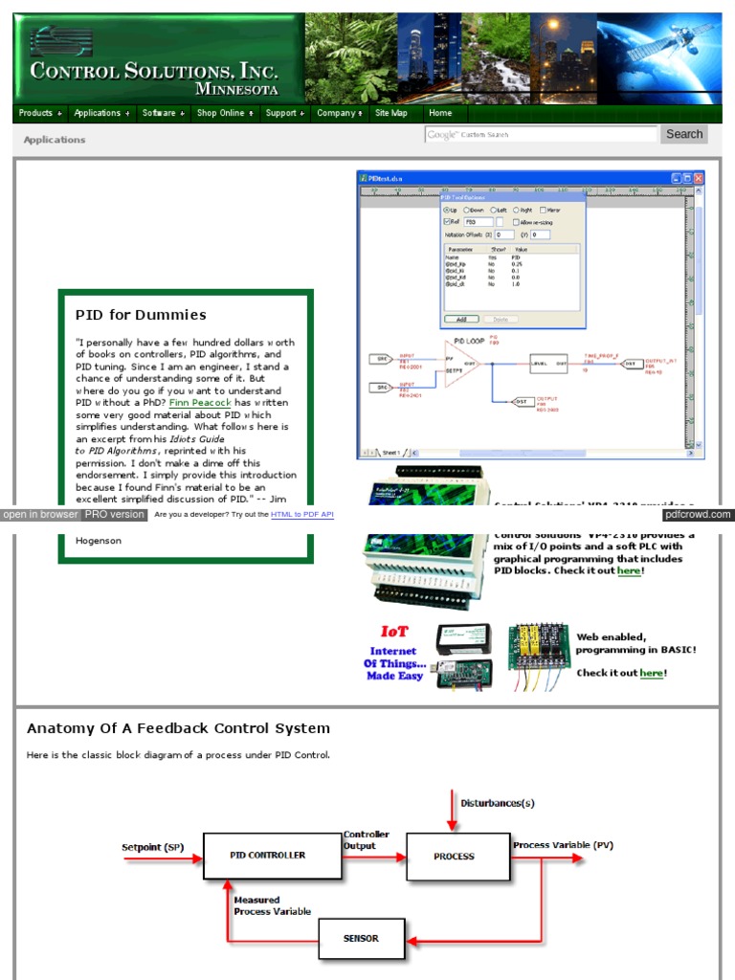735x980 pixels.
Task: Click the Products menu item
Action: (39, 113)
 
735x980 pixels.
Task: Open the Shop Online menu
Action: (225, 113)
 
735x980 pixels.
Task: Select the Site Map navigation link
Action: (391, 113)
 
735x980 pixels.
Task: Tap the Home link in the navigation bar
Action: (440, 113)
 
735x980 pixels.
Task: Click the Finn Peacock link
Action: (199, 404)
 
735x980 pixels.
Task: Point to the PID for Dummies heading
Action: (141, 315)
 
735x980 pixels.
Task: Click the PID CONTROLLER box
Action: (272, 856)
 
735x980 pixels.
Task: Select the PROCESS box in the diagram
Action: (454, 857)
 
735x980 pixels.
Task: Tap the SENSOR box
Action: (361, 939)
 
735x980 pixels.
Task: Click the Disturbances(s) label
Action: (498, 803)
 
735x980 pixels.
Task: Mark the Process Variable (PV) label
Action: (563, 846)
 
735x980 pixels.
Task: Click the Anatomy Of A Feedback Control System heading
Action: (178, 729)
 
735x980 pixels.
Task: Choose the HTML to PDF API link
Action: (302, 515)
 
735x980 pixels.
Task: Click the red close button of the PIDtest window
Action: (699, 179)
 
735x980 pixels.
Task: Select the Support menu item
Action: (285, 113)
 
